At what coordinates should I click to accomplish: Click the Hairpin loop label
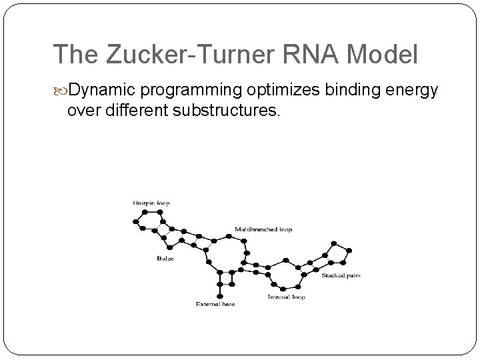coord(150,202)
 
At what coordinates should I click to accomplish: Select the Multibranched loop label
coord(263,230)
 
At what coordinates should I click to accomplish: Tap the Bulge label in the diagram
coord(165,258)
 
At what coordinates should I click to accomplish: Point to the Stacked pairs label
coord(341,275)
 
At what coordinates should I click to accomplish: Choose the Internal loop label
coord(286,297)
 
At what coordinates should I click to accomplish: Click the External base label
coord(215,304)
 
